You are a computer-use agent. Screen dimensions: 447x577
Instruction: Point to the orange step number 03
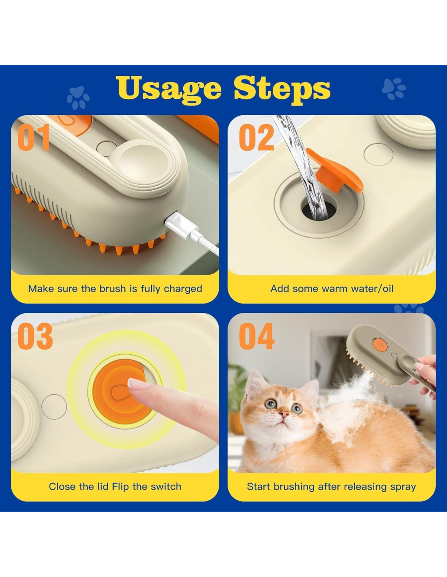pos(35,336)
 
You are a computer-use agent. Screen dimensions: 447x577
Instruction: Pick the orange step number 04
pos(256,336)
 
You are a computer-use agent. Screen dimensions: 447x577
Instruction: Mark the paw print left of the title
pos(78,97)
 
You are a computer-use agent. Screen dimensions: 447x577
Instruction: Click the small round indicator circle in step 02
pos(378,155)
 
